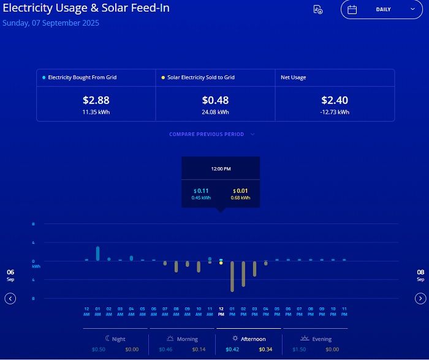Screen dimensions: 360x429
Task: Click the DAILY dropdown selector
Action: [x=381, y=10]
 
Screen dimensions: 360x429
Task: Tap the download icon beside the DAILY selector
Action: [x=317, y=10]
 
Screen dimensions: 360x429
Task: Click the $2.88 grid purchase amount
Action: [x=96, y=100]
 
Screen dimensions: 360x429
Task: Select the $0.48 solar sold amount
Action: [x=215, y=100]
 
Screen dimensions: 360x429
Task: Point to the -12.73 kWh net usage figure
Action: [x=335, y=112]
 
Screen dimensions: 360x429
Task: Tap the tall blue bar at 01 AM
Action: [x=97, y=253]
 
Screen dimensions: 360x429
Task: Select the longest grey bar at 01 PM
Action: [x=232, y=276]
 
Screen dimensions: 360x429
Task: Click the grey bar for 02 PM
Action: [x=243, y=274]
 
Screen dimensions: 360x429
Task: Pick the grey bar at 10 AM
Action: [x=199, y=266]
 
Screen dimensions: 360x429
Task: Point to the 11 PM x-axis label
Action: [x=344, y=311]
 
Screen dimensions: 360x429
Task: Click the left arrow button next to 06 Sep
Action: [x=10, y=298]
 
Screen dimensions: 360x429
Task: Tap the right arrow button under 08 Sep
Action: [x=420, y=298]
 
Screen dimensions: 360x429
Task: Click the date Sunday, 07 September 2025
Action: [x=51, y=23]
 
